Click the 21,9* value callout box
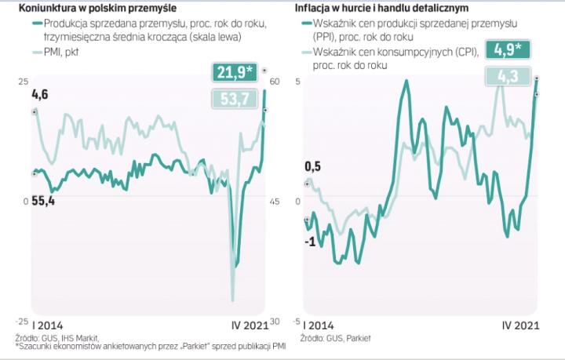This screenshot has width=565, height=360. [x=235, y=74]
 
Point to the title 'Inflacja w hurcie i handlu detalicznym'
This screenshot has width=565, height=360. [x=381, y=8]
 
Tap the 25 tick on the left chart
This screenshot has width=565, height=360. [x=23, y=82]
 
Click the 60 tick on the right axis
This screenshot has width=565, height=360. [x=275, y=82]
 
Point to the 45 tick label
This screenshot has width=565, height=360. [x=275, y=202]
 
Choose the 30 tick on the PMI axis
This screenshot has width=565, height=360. [x=275, y=322]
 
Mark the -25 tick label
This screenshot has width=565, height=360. [x=22, y=322]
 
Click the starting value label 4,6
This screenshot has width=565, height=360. [x=39, y=95]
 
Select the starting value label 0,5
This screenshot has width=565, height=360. [x=312, y=166]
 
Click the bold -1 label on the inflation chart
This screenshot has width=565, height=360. [x=311, y=241]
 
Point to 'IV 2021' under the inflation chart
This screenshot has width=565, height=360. [x=520, y=325]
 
